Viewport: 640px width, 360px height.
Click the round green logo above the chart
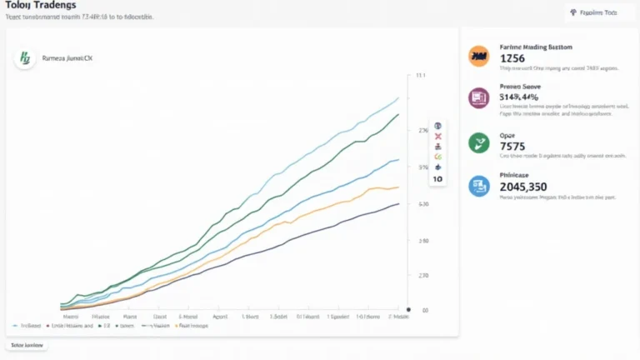tap(23, 58)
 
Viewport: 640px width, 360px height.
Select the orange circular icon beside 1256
tap(478, 56)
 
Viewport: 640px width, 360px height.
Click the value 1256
tap(511, 59)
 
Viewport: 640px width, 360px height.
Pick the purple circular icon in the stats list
tap(478, 98)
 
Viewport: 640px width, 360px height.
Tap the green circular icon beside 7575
tap(478, 142)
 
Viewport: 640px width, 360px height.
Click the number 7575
tap(512, 147)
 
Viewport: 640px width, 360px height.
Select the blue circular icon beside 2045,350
tap(478, 186)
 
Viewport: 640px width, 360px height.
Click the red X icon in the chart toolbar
tap(437, 136)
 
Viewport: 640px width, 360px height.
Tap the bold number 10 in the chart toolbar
tap(437, 178)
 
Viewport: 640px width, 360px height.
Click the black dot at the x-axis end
tap(407, 308)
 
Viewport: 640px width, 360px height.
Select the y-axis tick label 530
tap(423, 204)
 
